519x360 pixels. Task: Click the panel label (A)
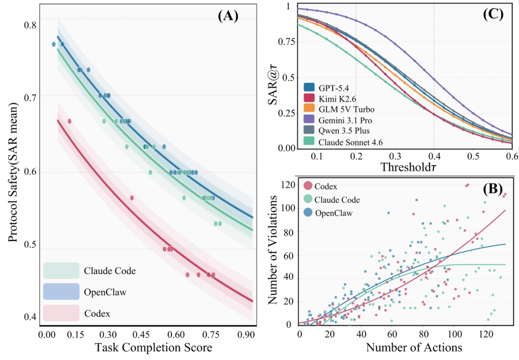pyautogui.click(x=228, y=15)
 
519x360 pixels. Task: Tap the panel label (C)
pyautogui.click(x=493, y=14)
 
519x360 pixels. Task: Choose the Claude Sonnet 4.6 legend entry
pyautogui.click(x=343, y=142)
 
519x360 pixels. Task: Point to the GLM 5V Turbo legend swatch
pyautogui.click(x=309, y=109)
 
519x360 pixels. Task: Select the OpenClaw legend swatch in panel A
pyautogui.click(x=61, y=291)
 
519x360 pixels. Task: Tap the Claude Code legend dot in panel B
pyautogui.click(x=308, y=199)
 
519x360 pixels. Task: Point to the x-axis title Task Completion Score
pyautogui.click(x=154, y=348)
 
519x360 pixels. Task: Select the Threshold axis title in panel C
pyautogui.click(x=408, y=167)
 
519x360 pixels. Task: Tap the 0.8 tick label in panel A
pyautogui.click(x=30, y=25)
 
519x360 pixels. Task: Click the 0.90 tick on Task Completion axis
pyautogui.click(x=246, y=334)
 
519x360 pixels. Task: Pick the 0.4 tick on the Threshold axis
pyautogui.click(x=434, y=156)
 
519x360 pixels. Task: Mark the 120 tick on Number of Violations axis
pyautogui.click(x=288, y=185)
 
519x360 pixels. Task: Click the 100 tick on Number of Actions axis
pyautogui.click(x=455, y=334)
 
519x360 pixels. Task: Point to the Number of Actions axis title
pyautogui.click(x=414, y=348)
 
